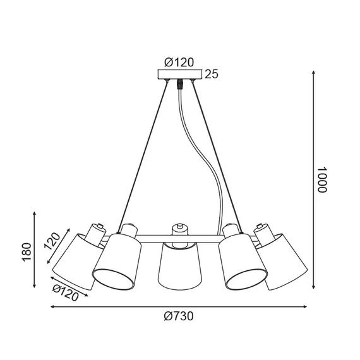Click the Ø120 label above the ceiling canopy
tap(179, 62)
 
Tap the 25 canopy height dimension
tap(212, 75)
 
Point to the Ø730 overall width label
tap(179, 317)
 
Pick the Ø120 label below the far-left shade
tap(66, 292)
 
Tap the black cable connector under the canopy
tap(179, 85)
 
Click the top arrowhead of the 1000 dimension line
tap(315, 71)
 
